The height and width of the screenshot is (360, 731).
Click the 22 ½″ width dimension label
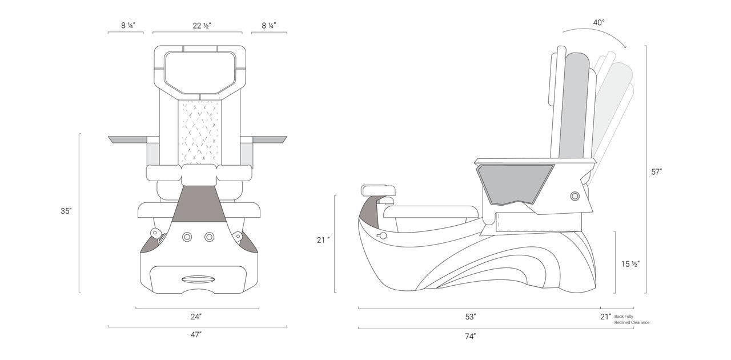click(198, 26)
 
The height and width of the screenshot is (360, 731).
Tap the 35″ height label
click(66, 211)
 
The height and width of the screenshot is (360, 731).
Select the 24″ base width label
click(196, 316)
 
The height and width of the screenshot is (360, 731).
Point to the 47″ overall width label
click(196, 335)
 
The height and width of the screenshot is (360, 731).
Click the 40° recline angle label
click(599, 23)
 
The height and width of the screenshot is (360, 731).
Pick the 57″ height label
click(657, 171)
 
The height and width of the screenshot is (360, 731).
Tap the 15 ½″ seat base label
click(630, 264)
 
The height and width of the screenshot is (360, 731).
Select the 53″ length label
click(471, 316)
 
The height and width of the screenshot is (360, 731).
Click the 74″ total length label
click(471, 336)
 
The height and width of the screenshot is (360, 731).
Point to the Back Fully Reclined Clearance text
click(632, 319)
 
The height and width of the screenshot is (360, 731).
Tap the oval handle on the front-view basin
click(198, 278)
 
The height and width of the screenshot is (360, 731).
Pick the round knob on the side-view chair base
click(575, 196)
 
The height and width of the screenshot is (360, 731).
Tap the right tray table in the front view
click(268, 139)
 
